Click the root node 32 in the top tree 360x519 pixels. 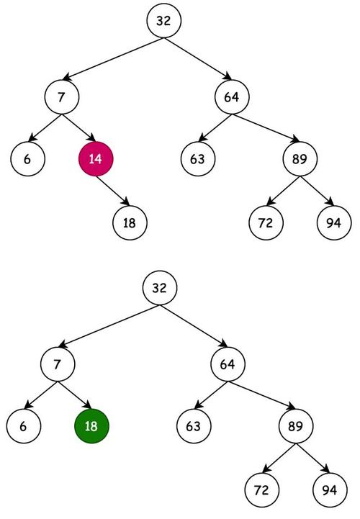click(163, 21)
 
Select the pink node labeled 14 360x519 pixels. click(96, 159)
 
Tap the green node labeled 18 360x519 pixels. click(91, 426)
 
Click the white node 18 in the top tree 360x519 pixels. click(130, 222)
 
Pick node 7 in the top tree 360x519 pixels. click(62, 96)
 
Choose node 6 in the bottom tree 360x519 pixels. click(24, 426)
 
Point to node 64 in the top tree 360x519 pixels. click(231, 96)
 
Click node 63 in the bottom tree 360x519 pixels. click(193, 426)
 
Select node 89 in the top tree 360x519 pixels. click(300, 159)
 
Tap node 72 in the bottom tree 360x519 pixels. click(261, 490)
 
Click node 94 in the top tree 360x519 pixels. click(333, 222)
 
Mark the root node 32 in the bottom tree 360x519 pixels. click(160, 289)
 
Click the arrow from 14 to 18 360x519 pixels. click(112, 191)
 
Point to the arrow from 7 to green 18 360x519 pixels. click(75, 394)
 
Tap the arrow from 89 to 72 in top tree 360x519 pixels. click(283, 191)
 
